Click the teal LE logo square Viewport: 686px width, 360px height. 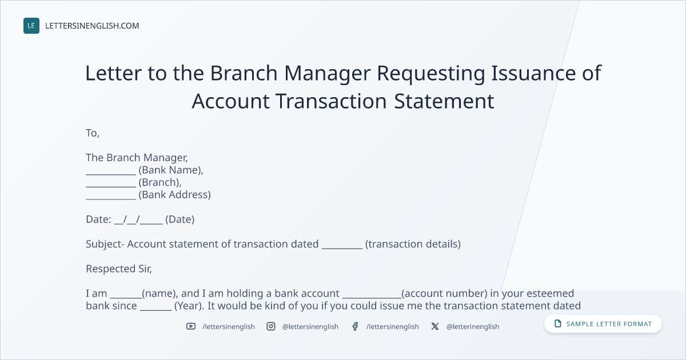31,26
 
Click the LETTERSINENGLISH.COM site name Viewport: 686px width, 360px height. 92,26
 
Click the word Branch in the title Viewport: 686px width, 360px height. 244,73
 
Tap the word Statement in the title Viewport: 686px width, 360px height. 444,101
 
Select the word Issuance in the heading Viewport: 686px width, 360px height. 533,73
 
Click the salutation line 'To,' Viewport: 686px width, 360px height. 93,133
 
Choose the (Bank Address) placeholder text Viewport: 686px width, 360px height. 174,195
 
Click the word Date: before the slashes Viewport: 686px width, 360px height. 98,219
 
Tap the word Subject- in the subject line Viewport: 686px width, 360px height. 105,245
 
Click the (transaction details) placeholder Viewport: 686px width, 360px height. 413,244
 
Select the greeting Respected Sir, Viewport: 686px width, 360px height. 119,269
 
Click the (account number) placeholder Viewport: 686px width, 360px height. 444,293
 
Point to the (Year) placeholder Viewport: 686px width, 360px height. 189,306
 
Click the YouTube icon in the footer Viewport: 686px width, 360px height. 191,326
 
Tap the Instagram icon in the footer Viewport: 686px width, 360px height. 271,326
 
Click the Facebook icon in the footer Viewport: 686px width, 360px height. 355,326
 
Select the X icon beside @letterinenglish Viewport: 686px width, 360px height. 435,326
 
